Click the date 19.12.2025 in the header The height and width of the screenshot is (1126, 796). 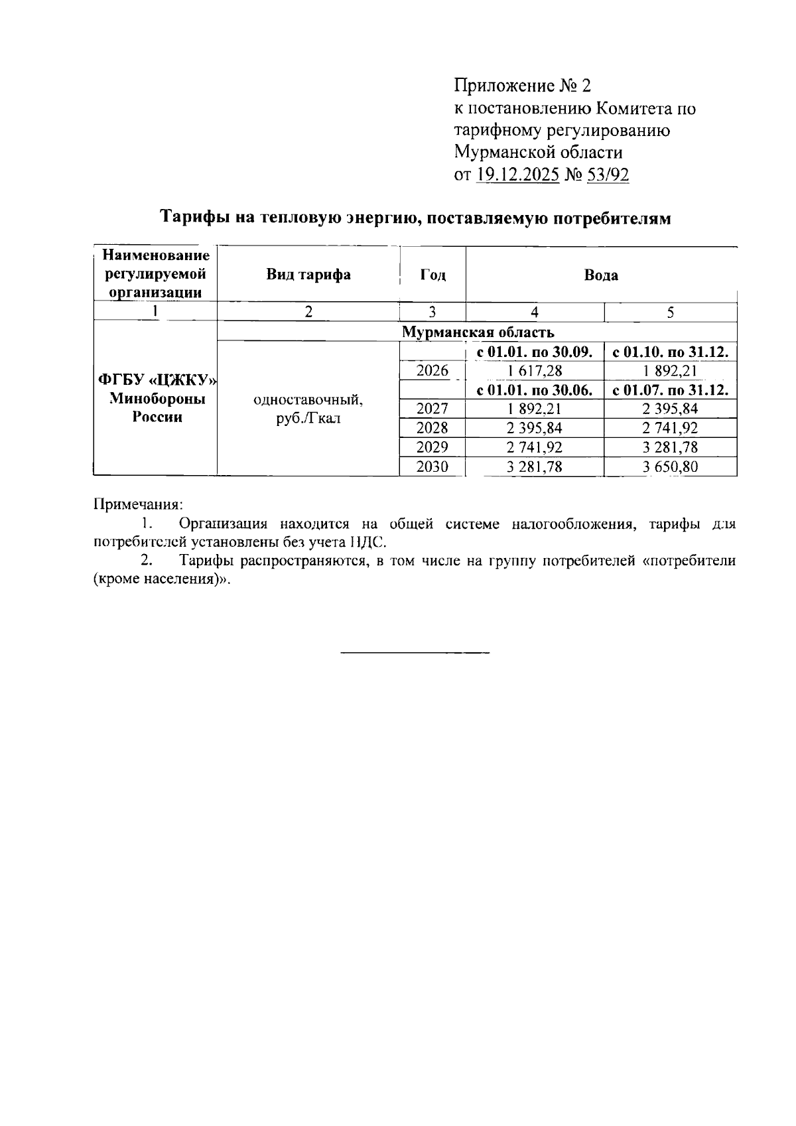[x=518, y=175]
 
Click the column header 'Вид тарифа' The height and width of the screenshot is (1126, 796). [x=308, y=275]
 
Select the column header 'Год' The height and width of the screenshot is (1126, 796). [x=432, y=275]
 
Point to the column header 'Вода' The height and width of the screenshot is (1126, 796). [x=601, y=275]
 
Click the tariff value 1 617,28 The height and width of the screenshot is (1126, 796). [x=534, y=371]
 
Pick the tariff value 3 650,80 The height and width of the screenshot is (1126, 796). [x=670, y=466]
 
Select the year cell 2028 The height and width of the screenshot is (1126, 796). [x=432, y=428]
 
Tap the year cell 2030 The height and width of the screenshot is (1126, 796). [x=432, y=466]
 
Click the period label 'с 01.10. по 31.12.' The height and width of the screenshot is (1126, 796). [x=670, y=352]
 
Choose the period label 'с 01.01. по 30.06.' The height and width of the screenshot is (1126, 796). [x=534, y=390]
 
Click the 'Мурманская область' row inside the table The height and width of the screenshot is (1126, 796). [x=477, y=332]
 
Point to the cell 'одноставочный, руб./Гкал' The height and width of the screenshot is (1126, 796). [x=308, y=409]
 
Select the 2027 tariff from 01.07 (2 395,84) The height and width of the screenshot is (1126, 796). [x=670, y=409]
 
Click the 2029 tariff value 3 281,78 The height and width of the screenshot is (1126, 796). [x=670, y=447]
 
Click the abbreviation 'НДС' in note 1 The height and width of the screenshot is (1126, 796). [x=366, y=542]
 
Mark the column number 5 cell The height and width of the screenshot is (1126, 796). [x=670, y=312]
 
